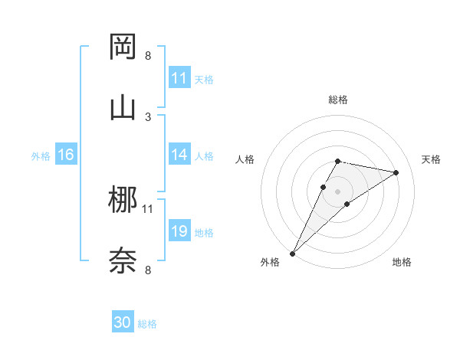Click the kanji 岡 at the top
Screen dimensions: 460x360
[123, 47]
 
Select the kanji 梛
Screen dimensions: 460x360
[123, 201]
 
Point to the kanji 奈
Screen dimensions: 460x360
[123, 260]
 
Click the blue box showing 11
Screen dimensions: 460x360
[179, 78]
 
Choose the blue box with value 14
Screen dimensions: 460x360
[179, 155]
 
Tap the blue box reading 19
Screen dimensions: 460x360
[179, 231]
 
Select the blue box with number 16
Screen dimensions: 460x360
[66, 155]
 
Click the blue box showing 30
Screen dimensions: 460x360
[123, 322]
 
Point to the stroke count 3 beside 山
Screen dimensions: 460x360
[148, 116]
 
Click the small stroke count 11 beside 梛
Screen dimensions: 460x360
[148, 208]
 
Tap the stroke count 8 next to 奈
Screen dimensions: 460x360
[148, 270]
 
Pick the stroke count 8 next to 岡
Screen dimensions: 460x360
[148, 55]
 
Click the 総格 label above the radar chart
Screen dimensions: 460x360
[337, 100]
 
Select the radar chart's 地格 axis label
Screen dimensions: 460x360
[402, 262]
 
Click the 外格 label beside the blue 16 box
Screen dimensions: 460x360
[41, 155]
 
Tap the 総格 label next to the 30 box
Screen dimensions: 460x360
[147, 324]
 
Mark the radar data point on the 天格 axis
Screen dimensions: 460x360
[396, 172]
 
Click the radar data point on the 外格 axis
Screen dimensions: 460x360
[293, 253]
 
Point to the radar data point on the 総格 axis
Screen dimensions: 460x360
[337, 161]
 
